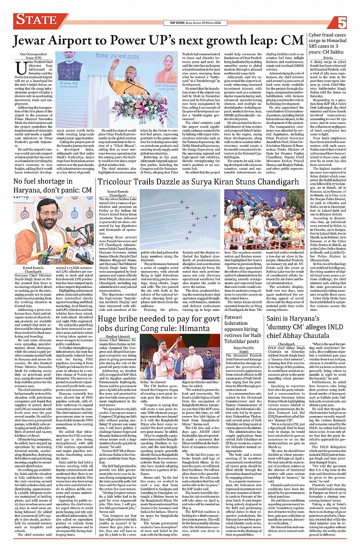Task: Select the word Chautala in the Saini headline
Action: [333, 322]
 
